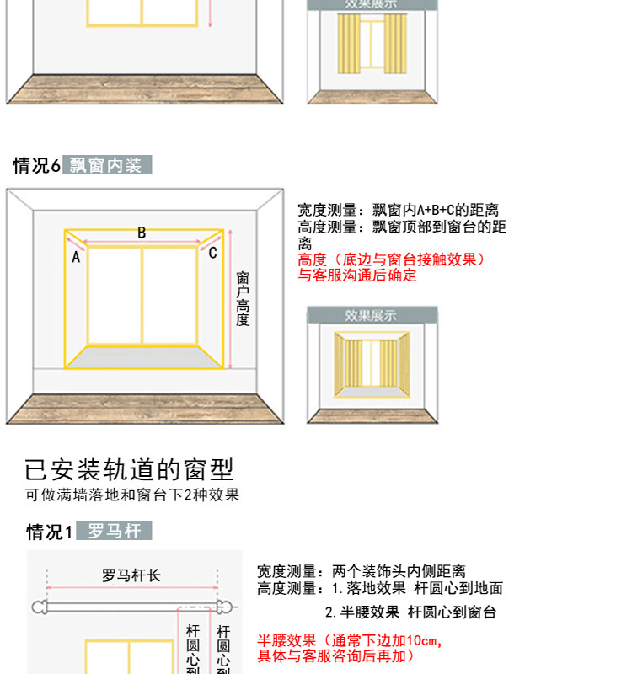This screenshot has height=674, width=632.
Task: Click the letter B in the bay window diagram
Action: point(142,233)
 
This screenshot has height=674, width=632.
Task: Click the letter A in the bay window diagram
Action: point(76,258)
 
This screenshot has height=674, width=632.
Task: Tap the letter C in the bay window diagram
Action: point(212,253)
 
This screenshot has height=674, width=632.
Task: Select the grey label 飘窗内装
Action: point(106,165)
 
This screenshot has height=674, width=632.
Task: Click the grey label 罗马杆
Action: point(115,532)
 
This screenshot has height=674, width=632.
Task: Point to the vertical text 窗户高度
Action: point(243,299)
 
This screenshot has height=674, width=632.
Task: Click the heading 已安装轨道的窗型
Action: point(129,469)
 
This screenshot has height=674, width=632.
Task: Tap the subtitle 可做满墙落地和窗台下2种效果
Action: point(132,495)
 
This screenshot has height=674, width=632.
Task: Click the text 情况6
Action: point(36,166)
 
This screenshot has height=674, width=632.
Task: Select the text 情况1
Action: point(50,532)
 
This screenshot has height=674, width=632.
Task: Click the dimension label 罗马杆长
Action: point(131,575)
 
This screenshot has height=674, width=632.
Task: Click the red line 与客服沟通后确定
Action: point(357,275)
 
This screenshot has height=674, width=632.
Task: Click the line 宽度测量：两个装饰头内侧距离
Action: point(362,572)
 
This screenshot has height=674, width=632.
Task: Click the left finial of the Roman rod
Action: point(39,607)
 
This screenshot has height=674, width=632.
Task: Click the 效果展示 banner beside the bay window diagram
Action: point(372,315)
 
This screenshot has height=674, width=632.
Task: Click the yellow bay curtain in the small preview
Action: point(372,363)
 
